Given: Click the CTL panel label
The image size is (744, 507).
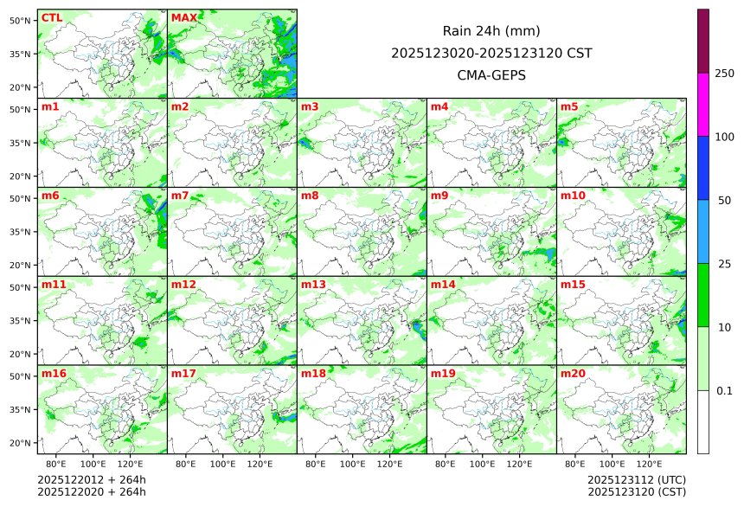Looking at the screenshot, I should tap(51, 18).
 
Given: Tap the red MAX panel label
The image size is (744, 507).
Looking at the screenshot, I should tap(184, 18).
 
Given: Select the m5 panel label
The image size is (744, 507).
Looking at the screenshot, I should tap(569, 107).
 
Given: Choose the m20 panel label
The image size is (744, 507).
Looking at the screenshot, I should tap(573, 374).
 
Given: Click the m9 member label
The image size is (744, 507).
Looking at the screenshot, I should tap(439, 196).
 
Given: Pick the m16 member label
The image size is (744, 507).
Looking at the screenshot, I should tap(54, 374).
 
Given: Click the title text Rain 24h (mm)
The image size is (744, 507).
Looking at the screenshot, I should tap(491, 31).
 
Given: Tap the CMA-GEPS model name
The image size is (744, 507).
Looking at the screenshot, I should tap(491, 75).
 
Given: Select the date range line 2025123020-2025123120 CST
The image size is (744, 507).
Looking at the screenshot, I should tap(491, 53).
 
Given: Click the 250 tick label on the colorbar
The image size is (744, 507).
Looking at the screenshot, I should tap(725, 74).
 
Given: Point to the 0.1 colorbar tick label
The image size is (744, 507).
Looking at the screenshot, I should tap(724, 391).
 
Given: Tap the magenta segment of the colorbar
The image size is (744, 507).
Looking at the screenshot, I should tap(703, 104).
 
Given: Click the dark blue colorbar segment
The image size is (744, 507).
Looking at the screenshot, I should tap(703, 168).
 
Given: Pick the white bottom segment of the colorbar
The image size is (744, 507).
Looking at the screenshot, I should tap(703, 422).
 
